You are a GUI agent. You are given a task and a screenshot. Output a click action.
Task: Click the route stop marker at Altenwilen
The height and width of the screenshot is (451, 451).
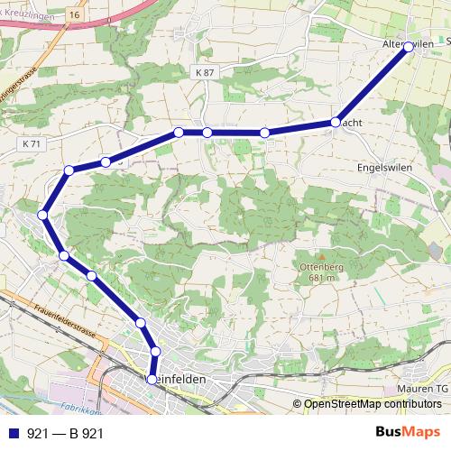pos(408,47)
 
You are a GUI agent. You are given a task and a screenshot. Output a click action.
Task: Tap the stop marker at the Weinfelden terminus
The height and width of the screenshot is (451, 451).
pos(152,380)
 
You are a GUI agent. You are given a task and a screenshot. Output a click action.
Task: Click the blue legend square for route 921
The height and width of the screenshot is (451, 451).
pos(13,433)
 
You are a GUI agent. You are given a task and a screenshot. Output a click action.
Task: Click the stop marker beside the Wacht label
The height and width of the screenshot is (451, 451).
pos(336,122)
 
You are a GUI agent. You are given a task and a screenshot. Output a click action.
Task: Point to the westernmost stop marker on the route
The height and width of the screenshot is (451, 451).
pos(43,215)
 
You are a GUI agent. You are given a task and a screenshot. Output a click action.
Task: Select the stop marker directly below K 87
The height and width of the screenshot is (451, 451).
pos(207,133)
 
